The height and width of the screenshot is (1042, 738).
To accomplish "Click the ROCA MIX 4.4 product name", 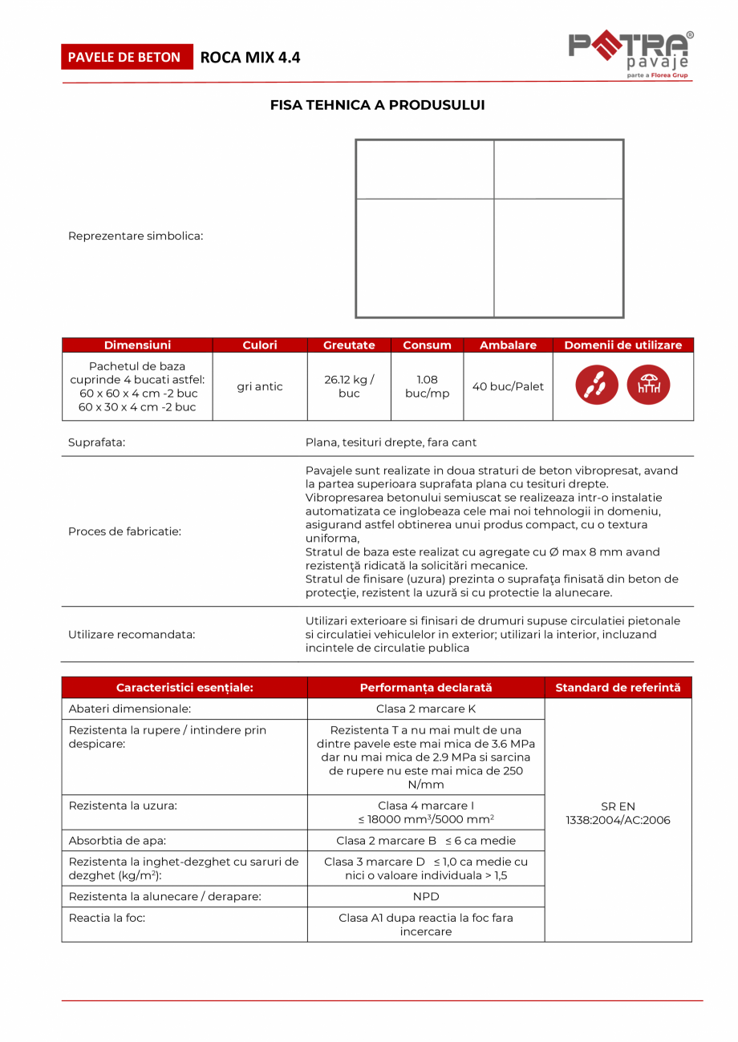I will tap(250, 57).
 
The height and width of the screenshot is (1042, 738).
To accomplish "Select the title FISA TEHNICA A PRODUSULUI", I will tap(377, 105).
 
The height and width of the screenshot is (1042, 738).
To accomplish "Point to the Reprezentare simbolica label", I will tap(136, 236).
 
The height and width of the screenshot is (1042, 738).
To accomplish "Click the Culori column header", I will tap(260, 345).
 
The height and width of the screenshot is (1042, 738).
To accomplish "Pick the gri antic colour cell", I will tap(260, 386).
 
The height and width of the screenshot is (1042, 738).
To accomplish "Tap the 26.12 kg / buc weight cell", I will tap(349, 386).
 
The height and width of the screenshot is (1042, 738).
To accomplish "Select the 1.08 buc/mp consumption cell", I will tap(427, 386).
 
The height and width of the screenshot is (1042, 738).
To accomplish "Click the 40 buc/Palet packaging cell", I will tap(508, 386).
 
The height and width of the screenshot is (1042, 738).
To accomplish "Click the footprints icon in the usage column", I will tap(597, 386).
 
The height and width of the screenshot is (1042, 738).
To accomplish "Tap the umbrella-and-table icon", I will tap(648, 386).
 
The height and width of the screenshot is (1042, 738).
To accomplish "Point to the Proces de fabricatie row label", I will tap(124, 531).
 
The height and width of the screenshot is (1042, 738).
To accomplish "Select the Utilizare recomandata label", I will tap(132, 634).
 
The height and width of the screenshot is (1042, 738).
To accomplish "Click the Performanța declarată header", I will tap(426, 688).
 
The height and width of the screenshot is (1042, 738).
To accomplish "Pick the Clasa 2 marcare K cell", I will tap(426, 709).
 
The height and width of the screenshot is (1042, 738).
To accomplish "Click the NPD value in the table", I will tap(426, 897).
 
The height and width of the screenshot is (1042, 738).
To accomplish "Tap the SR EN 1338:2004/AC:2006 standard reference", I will tap(618, 814).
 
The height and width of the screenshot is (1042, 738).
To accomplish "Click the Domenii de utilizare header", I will tap(623, 345).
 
